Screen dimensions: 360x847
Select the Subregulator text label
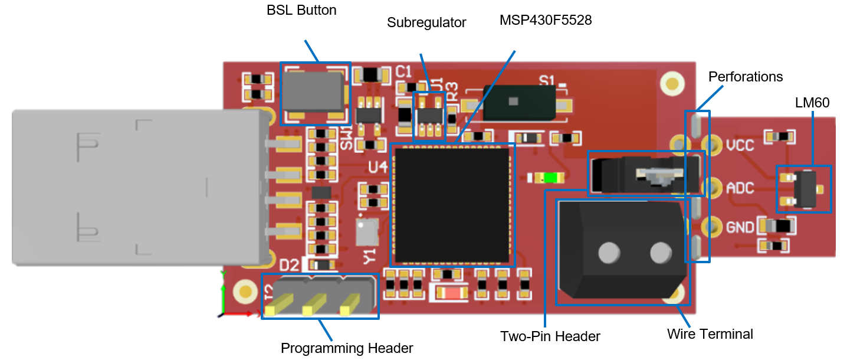coord(426,23)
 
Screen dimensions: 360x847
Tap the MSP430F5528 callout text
coord(546,20)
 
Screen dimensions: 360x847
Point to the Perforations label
coord(746,77)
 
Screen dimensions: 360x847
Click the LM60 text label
coord(812,103)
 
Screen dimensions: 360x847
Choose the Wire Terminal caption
coord(710,334)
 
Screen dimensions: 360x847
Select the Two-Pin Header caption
coord(550,336)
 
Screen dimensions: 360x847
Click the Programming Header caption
coord(347,348)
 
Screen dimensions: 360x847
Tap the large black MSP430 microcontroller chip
coord(452,205)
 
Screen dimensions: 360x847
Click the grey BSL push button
coord(313,91)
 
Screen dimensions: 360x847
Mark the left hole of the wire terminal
coord(609,254)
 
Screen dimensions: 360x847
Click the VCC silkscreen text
coord(740,145)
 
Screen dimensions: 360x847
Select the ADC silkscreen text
coord(740,188)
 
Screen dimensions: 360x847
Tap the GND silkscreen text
coord(740,227)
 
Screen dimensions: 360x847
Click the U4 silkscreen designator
coord(377,168)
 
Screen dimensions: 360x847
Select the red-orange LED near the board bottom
coord(450,292)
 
